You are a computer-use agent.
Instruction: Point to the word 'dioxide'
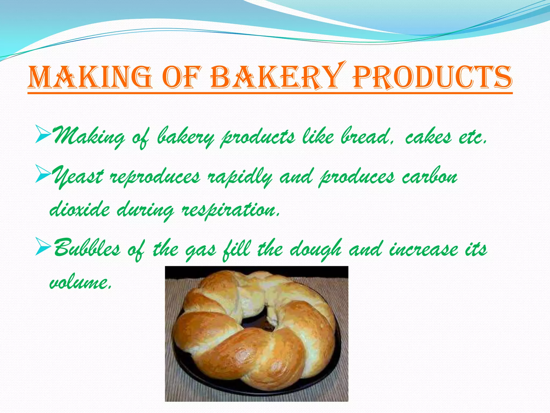pyautogui.click(x=79, y=210)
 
